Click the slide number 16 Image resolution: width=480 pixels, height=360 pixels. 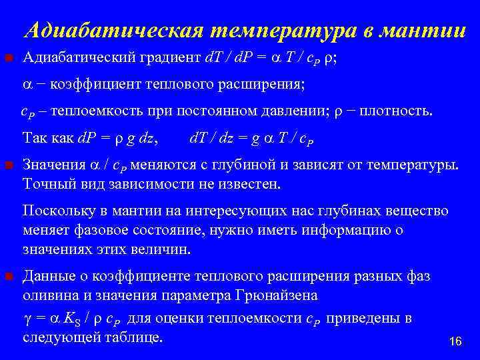[455, 341]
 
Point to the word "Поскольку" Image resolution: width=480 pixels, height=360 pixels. [57, 211]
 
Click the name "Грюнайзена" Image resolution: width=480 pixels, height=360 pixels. [279, 295]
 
